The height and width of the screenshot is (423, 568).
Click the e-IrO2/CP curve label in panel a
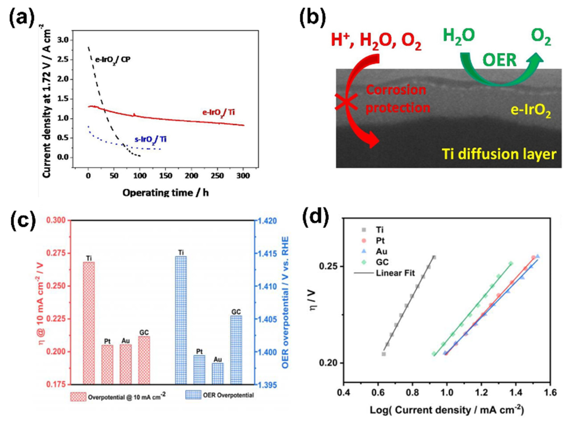click(113, 60)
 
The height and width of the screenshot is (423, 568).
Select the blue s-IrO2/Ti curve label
click(150, 140)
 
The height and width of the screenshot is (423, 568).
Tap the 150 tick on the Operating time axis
click(165, 176)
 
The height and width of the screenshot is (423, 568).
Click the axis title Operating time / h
click(165, 193)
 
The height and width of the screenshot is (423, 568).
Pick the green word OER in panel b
click(499, 61)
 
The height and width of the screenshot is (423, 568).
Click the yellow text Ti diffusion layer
click(499, 154)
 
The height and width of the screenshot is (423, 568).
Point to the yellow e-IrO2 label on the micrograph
click(530, 112)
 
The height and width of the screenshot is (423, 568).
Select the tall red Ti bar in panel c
click(89, 323)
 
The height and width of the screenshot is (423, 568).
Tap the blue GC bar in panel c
click(236, 349)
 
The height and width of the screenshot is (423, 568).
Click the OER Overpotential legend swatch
click(193, 395)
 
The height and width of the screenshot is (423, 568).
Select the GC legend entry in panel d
click(382, 262)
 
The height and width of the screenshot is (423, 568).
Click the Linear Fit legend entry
click(395, 273)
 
